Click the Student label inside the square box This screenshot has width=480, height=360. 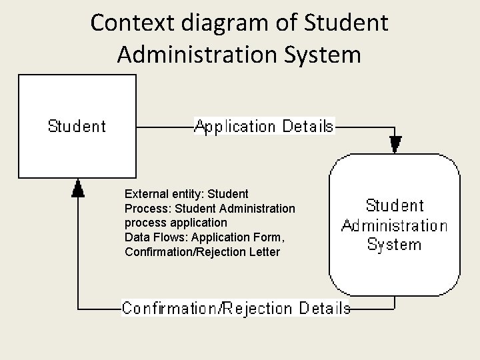[x=77, y=125]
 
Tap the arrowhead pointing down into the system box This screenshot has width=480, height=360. [x=395, y=143]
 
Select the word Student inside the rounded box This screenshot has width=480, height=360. [x=395, y=205]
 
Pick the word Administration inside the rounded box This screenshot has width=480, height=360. [x=394, y=225]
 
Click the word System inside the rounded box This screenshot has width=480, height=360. [x=394, y=244]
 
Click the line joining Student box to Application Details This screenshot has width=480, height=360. [x=163, y=126]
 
